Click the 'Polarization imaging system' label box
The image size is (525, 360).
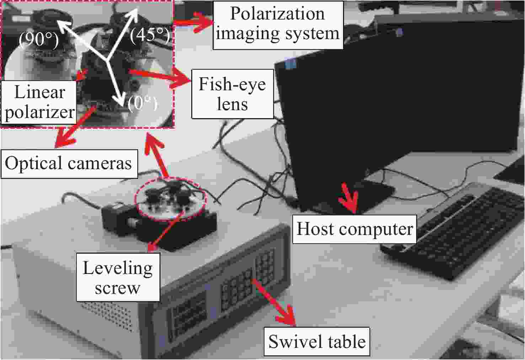click(x=278, y=24)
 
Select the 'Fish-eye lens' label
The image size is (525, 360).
click(x=232, y=94)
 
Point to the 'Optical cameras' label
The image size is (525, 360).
click(x=69, y=163)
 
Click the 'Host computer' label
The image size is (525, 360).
click(x=354, y=229)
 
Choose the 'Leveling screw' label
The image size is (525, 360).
click(x=118, y=277)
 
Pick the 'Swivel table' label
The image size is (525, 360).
click(x=317, y=342)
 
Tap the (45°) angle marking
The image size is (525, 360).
click(x=149, y=36)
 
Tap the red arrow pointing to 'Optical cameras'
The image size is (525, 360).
click(x=73, y=128)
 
